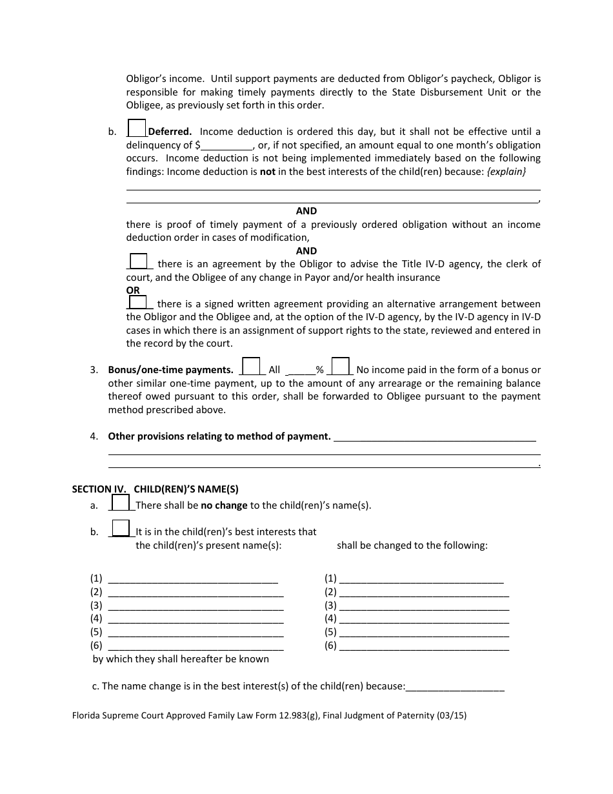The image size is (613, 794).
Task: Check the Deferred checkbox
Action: pyautogui.click(x=137, y=128)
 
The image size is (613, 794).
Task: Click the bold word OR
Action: pyautogui.click(x=133, y=290)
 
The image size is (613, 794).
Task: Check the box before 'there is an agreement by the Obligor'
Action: pyautogui.click(x=138, y=261)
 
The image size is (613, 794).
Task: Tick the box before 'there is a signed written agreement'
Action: pyautogui.click(x=137, y=301)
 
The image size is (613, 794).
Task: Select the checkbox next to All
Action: pyautogui.click(x=251, y=366)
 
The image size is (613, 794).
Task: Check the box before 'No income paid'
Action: pyautogui.click(x=341, y=366)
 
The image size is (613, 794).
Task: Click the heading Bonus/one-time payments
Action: pyautogui.click(x=170, y=371)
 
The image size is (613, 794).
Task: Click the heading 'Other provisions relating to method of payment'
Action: pyautogui.click(x=219, y=436)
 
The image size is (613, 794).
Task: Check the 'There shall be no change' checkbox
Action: pyautogui.click(x=121, y=502)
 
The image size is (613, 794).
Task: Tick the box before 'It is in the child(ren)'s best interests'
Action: pyautogui.click(x=121, y=528)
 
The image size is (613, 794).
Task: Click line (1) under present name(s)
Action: pyautogui.click(x=193, y=579)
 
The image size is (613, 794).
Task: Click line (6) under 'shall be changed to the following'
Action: pyautogui.click(x=423, y=646)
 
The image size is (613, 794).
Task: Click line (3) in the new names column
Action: pyautogui.click(x=423, y=606)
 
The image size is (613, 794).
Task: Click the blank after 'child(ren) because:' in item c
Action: pyautogui.click(x=455, y=687)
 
